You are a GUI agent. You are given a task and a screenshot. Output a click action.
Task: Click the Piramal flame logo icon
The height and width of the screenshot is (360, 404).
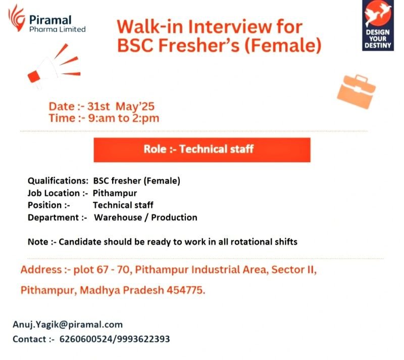pos(17,18)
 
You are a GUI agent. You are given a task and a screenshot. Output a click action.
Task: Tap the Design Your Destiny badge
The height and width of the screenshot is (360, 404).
pos(378,25)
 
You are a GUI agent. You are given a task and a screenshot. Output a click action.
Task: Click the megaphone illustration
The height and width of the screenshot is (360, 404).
pos(54,66)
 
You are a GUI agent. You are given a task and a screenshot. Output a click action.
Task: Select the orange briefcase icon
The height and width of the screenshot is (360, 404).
pos(357,92)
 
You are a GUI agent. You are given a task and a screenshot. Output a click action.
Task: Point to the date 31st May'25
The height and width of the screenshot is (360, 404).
pos(121,107)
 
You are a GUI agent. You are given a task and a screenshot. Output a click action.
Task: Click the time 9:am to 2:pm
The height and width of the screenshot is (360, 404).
pos(124,118)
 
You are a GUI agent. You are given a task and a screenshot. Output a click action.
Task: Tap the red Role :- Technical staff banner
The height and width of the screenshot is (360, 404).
pos(202,150)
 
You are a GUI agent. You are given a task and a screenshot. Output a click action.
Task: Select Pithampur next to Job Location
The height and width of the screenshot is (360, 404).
pos(115,193)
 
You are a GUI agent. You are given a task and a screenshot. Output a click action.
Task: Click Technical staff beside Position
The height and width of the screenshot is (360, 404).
pos(123,205)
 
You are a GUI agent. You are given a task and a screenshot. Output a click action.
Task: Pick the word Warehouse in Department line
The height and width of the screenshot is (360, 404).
pos(118,217)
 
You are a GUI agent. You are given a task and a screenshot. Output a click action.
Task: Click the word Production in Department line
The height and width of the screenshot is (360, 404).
pos(174,217)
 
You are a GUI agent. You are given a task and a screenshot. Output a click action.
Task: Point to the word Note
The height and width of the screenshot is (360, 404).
pos(38,242)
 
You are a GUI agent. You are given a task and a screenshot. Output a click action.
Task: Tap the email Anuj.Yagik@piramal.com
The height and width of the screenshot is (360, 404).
pos(68,325)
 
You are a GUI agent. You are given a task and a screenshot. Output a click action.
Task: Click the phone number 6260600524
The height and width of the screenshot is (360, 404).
pos(86,339)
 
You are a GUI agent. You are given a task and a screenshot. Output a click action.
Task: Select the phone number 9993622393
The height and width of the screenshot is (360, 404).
pos(143,339)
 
